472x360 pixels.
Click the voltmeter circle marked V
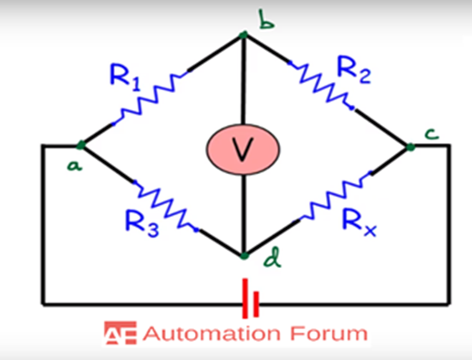click(x=241, y=150)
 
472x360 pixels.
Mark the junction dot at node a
click(x=81, y=144)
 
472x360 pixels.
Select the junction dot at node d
click(x=244, y=255)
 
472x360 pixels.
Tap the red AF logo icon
click(x=116, y=334)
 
